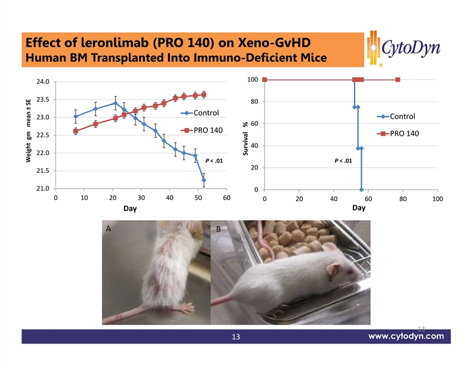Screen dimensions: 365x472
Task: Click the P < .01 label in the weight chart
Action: [214, 160]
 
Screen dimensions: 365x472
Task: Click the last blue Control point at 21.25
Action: [204, 180]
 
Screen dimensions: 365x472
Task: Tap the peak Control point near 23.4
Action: [115, 103]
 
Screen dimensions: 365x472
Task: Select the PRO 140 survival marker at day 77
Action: [398, 80]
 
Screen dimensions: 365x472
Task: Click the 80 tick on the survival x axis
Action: [403, 200]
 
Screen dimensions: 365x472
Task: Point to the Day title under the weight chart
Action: [130, 209]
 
